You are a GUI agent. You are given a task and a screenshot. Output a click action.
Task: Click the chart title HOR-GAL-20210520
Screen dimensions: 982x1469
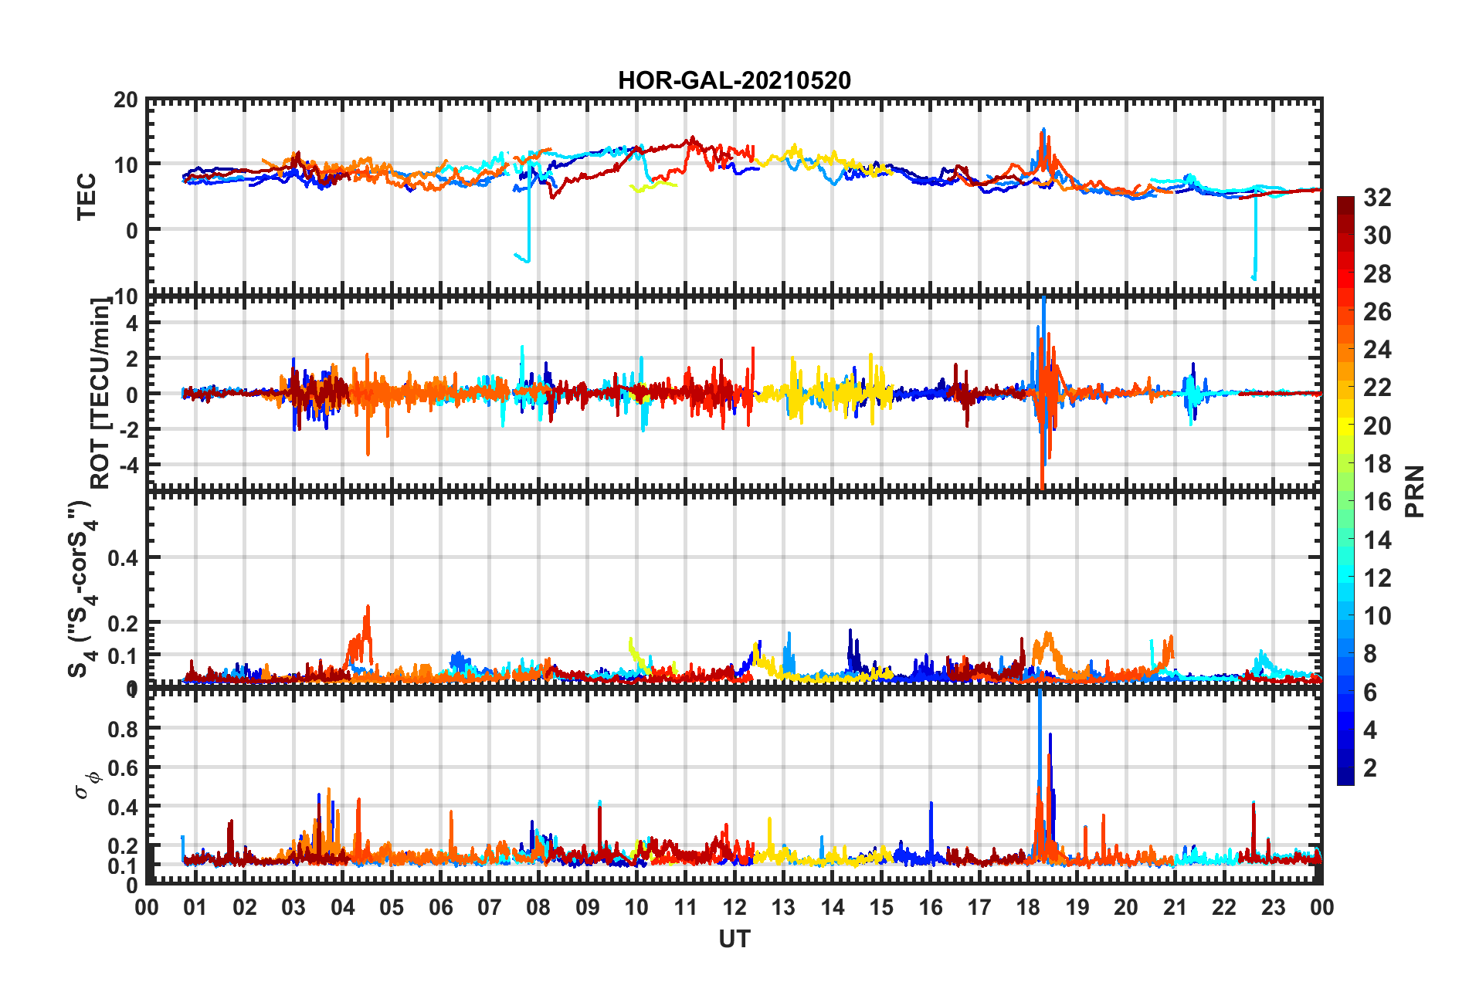(734, 80)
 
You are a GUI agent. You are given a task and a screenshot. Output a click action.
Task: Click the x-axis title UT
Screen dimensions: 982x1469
(734, 939)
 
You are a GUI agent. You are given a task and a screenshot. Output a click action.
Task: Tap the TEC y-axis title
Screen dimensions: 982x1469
(87, 196)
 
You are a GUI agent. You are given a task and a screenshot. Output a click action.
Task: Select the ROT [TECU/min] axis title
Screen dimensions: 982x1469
(100, 394)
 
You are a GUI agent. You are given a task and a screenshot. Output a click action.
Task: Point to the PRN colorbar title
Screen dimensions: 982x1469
(1415, 491)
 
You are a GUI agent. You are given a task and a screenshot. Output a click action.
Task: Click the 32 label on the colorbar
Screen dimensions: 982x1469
(1377, 198)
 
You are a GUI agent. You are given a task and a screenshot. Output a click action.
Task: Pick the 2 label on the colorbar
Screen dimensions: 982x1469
(1370, 767)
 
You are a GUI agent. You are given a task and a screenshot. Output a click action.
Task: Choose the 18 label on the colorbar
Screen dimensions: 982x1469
(1377, 464)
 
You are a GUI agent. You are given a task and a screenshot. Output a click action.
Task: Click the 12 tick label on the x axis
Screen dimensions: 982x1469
(734, 907)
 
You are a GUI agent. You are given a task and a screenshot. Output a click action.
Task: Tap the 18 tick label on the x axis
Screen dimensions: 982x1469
(1028, 907)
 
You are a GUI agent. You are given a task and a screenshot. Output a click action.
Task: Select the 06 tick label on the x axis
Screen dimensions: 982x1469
(440, 907)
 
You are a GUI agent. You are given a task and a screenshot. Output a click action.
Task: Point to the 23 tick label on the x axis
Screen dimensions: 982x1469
(1273, 907)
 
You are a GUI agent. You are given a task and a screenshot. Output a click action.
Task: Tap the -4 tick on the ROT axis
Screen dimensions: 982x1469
(127, 466)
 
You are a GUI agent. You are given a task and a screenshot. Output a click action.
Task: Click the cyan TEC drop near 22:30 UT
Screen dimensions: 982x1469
(1255, 247)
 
